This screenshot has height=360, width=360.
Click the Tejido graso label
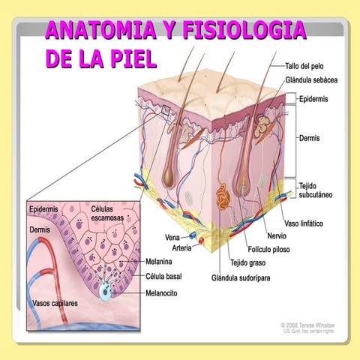click(248, 262)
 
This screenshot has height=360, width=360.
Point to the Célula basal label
click(164, 277)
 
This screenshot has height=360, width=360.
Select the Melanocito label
click(164, 292)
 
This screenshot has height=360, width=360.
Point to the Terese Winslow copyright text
click(307, 326)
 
